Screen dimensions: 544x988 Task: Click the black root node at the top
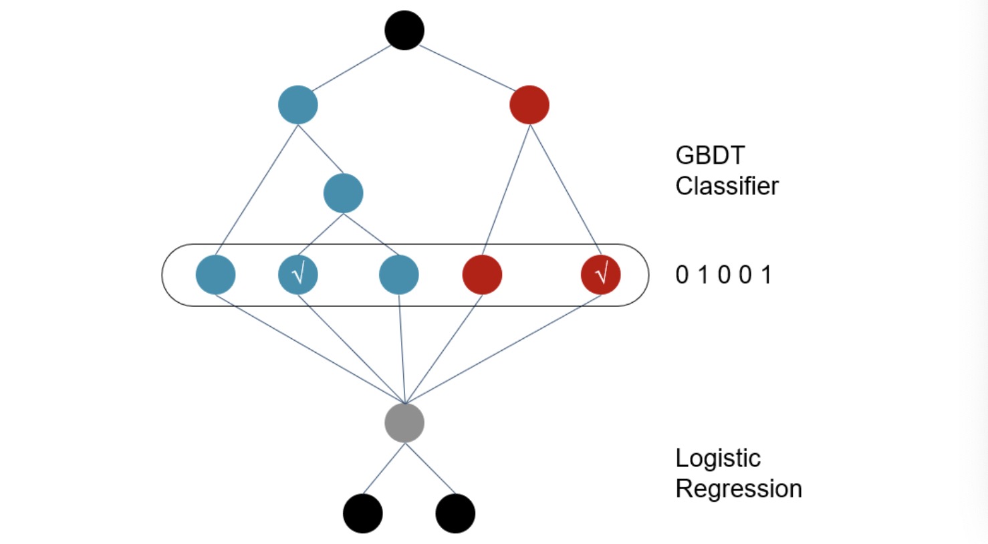[404, 30]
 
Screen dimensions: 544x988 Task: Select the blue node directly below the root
[297, 105]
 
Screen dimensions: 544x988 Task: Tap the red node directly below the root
[529, 105]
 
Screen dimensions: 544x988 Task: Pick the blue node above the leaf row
[343, 193]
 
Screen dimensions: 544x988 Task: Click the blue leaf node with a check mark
[297, 274]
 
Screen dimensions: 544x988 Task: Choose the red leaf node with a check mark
[600, 274]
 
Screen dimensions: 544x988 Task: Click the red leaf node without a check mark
[482, 274]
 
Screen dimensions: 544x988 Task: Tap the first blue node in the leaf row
[215, 274]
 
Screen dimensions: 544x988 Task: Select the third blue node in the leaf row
[398, 274]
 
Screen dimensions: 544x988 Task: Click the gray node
[404, 422]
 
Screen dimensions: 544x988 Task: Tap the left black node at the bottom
[362, 513]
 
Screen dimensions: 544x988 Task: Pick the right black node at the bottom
[455, 513]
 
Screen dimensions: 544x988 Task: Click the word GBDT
[709, 156]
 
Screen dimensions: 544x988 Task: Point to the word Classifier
[727, 186]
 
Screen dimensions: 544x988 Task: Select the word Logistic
[717, 458]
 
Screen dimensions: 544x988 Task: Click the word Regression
[738, 489]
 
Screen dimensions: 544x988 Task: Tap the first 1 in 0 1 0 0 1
[703, 275]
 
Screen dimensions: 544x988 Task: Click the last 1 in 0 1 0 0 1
[766, 275]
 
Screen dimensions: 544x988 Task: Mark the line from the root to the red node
[467, 68]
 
